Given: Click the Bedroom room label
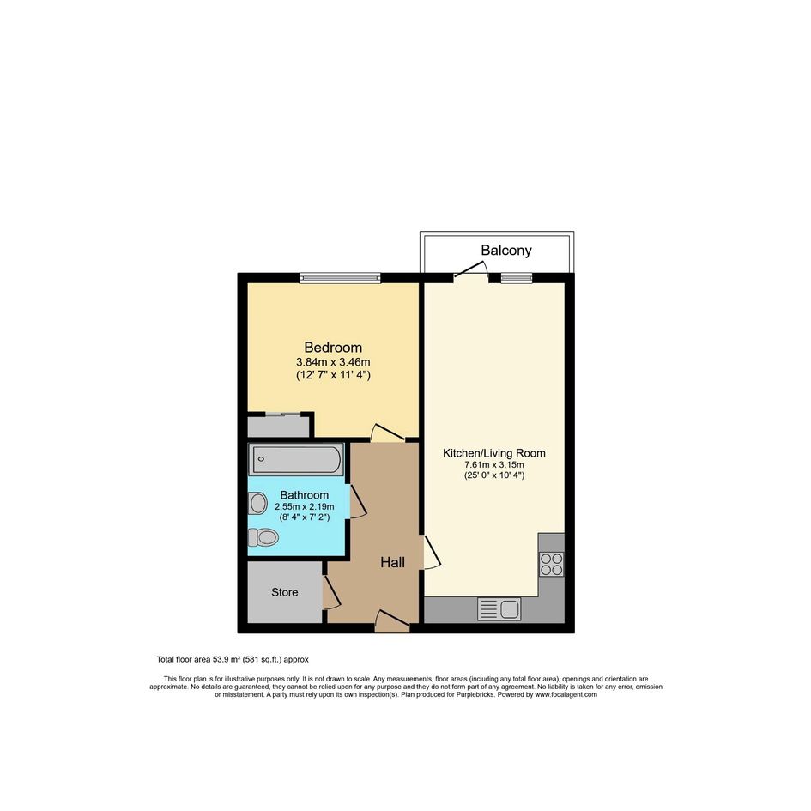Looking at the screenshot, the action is [x=333, y=348].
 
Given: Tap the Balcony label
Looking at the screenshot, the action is [x=505, y=251].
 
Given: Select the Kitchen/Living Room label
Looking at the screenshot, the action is [x=494, y=454].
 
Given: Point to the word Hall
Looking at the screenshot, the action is [x=392, y=563].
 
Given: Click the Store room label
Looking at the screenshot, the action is [x=284, y=593].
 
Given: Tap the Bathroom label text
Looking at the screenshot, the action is [x=304, y=495].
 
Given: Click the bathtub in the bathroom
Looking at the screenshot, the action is [x=296, y=459].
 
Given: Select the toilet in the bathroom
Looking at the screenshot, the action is [x=263, y=537].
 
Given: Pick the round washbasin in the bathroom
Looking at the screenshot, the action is [x=257, y=503].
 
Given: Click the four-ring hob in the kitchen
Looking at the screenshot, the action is [x=551, y=565].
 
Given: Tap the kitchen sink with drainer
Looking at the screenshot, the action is [x=499, y=609].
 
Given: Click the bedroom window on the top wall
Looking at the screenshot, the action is [x=341, y=278].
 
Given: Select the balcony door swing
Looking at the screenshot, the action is [x=471, y=271].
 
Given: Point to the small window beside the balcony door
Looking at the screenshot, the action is [x=516, y=278].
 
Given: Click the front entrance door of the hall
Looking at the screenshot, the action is [x=392, y=621].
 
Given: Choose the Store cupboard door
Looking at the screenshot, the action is [x=331, y=591].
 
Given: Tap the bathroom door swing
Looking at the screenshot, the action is [x=359, y=501].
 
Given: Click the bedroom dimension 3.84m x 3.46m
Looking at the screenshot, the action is [x=333, y=362].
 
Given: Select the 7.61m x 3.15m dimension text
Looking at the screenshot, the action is [x=494, y=465].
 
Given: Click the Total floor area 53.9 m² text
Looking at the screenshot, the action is [x=233, y=659].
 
